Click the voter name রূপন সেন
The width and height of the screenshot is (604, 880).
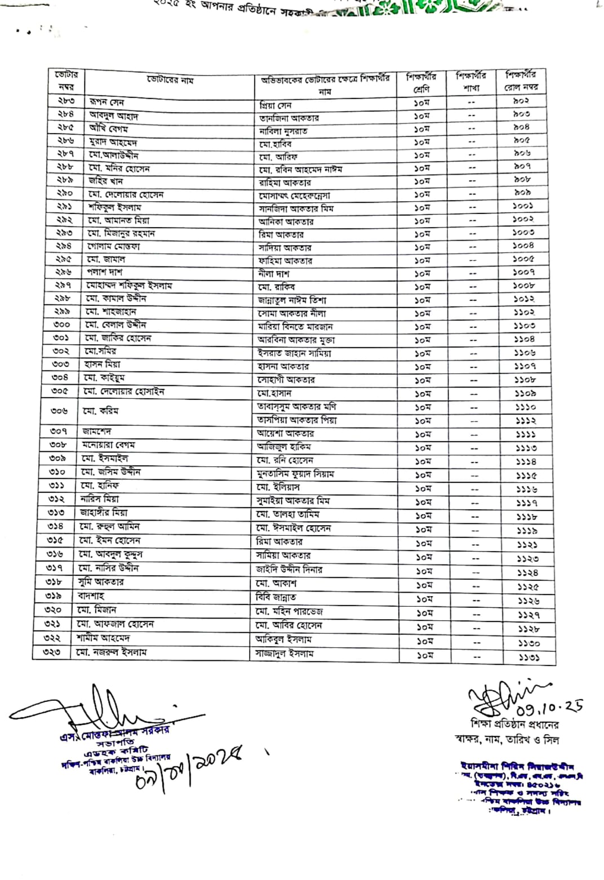pos(106,103)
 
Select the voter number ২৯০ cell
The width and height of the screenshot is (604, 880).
pos(65,193)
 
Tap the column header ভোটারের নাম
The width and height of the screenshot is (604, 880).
pos(170,81)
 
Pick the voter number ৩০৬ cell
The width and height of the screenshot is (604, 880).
pos(59,411)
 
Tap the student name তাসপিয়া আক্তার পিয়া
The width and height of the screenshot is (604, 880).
pos(297,420)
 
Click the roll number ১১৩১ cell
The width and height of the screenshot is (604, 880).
pos(526,657)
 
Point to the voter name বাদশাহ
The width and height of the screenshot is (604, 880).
pos(91,596)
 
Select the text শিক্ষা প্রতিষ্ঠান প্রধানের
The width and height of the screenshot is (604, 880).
pos(514,725)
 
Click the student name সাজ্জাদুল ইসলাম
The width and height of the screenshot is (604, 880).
pos(284,654)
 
